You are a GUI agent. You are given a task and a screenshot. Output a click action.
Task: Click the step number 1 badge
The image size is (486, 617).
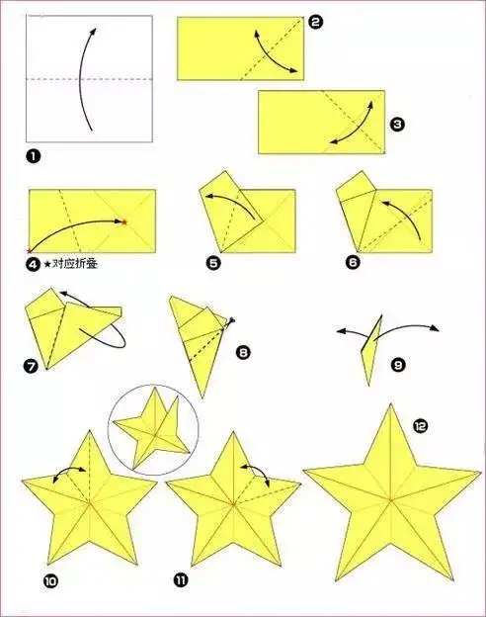(x=34, y=156)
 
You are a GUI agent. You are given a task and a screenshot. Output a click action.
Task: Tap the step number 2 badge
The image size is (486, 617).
(x=315, y=22)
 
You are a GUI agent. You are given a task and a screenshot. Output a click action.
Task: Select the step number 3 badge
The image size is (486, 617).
(x=397, y=125)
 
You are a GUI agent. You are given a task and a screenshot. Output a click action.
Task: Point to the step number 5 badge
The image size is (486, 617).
(x=213, y=263)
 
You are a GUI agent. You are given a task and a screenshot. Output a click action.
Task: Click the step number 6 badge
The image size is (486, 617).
(x=353, y=262)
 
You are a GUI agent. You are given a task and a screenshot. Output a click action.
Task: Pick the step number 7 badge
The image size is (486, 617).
(x=32, y=367)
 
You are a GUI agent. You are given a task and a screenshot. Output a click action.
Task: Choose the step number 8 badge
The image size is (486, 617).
(x=243, y=352)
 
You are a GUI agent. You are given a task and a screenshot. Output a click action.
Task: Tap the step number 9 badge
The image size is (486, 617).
(x=398, y=365)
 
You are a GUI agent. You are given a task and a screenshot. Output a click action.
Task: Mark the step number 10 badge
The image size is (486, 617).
(x=50, y=581)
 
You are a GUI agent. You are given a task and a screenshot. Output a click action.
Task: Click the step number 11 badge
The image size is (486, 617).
(x=180, y=579)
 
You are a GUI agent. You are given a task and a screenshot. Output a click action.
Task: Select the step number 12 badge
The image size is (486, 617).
(x=420, y=426)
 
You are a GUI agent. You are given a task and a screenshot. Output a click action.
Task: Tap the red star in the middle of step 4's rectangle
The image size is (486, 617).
(x=124, y=222)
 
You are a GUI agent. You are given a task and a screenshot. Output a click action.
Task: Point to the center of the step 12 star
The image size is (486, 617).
(x=391, y=500)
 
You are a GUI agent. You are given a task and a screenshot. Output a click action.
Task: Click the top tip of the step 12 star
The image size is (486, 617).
(x=391, y=403)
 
